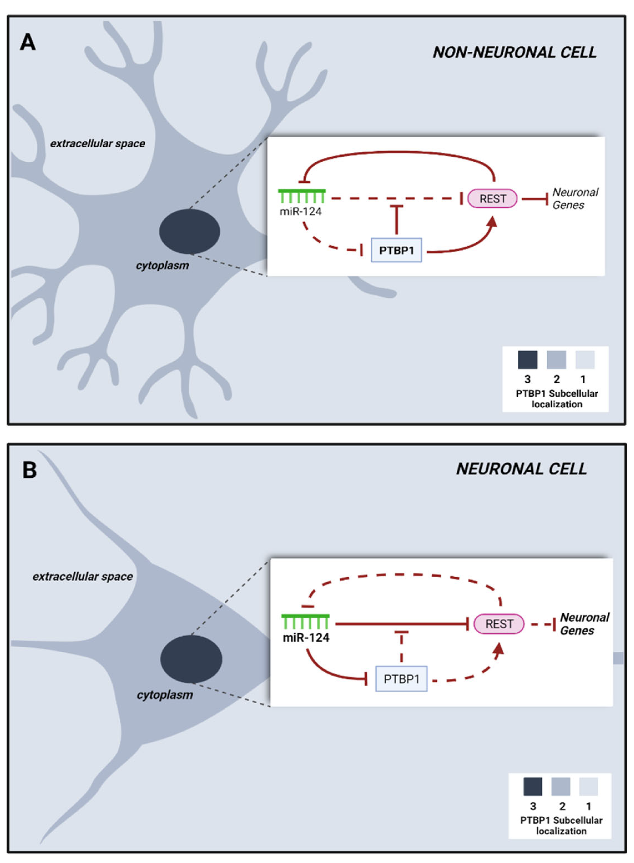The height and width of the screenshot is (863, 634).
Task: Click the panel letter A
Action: point(28,42)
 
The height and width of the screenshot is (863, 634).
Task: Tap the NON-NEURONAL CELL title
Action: point(514,53)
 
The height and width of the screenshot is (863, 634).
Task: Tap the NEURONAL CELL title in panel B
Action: point(521,469)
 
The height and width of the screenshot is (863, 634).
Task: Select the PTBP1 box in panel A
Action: point(396,250)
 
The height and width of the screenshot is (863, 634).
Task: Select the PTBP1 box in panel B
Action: point(401,679)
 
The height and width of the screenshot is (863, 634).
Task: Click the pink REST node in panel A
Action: point(492,199)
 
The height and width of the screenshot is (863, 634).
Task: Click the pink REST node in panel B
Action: point(499,624)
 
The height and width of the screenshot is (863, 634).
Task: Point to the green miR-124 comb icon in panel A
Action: point(302,196)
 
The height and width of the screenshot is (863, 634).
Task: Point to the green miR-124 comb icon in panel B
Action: point(305,621)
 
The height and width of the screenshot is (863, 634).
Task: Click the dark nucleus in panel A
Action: point(190,231)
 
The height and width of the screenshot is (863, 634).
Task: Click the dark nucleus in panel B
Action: point(191,659)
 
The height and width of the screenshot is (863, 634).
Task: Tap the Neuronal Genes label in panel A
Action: point(574,199)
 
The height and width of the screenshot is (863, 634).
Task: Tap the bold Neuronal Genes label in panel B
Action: point(584,624)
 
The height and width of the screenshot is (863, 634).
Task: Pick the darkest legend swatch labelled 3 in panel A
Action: point(527,359)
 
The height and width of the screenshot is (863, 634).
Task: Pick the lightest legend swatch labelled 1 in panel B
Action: point(588,787)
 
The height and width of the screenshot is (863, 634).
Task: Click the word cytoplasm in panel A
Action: point(162,265)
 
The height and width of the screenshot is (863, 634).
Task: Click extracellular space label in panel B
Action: point(83,576)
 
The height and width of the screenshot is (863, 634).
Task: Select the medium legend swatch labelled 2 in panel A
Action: point(556,359)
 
